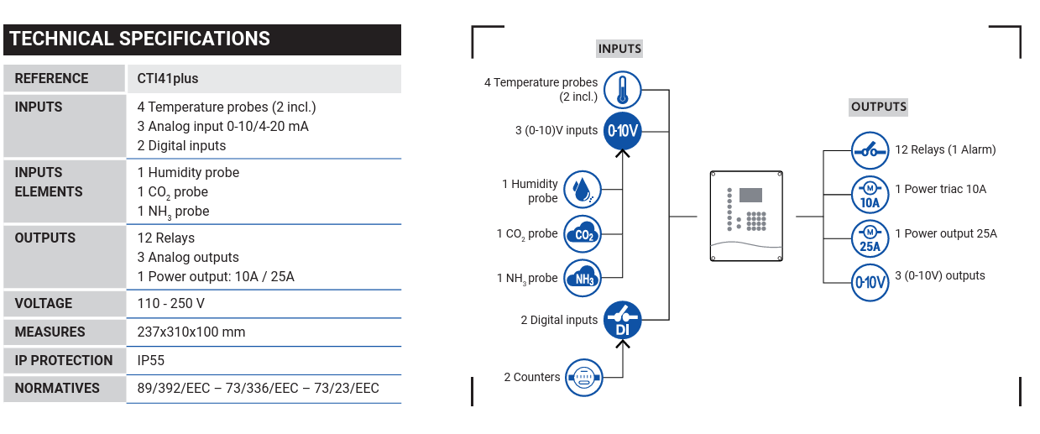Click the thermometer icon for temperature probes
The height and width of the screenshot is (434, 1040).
tap(622, 90)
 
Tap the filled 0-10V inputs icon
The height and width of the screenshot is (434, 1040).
tap(622, 131)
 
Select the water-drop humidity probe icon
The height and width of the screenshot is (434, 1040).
tap(583, 190)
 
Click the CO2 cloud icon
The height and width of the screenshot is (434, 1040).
tap(583, 234)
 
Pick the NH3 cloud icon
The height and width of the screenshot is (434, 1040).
tap(583, 278)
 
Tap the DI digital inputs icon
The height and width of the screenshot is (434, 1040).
tap(622, 321)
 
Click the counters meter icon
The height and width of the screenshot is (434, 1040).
tap(584, 378)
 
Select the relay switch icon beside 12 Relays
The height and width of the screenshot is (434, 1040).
tap(870, 150)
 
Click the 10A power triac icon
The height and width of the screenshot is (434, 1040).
tap(870, 195)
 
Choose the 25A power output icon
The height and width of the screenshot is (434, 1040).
tap(870, 238)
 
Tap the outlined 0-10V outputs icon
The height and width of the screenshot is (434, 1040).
tap(870, 283)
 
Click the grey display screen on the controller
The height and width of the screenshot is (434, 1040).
tap(750, 195)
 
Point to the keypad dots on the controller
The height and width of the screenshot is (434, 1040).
tap(756, 221)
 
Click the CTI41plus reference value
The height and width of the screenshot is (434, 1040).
tap(168, 78)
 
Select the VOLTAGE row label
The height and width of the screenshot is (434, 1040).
tap(43, 304)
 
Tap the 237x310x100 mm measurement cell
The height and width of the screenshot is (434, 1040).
tap(191, 332)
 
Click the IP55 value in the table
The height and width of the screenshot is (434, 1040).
tap(151, 360)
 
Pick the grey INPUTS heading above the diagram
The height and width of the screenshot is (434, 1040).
tap(619, 49)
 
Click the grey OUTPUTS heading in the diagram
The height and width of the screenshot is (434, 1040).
tap(879, 107)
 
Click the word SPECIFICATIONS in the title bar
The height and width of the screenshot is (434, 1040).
tap(195, 39)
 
